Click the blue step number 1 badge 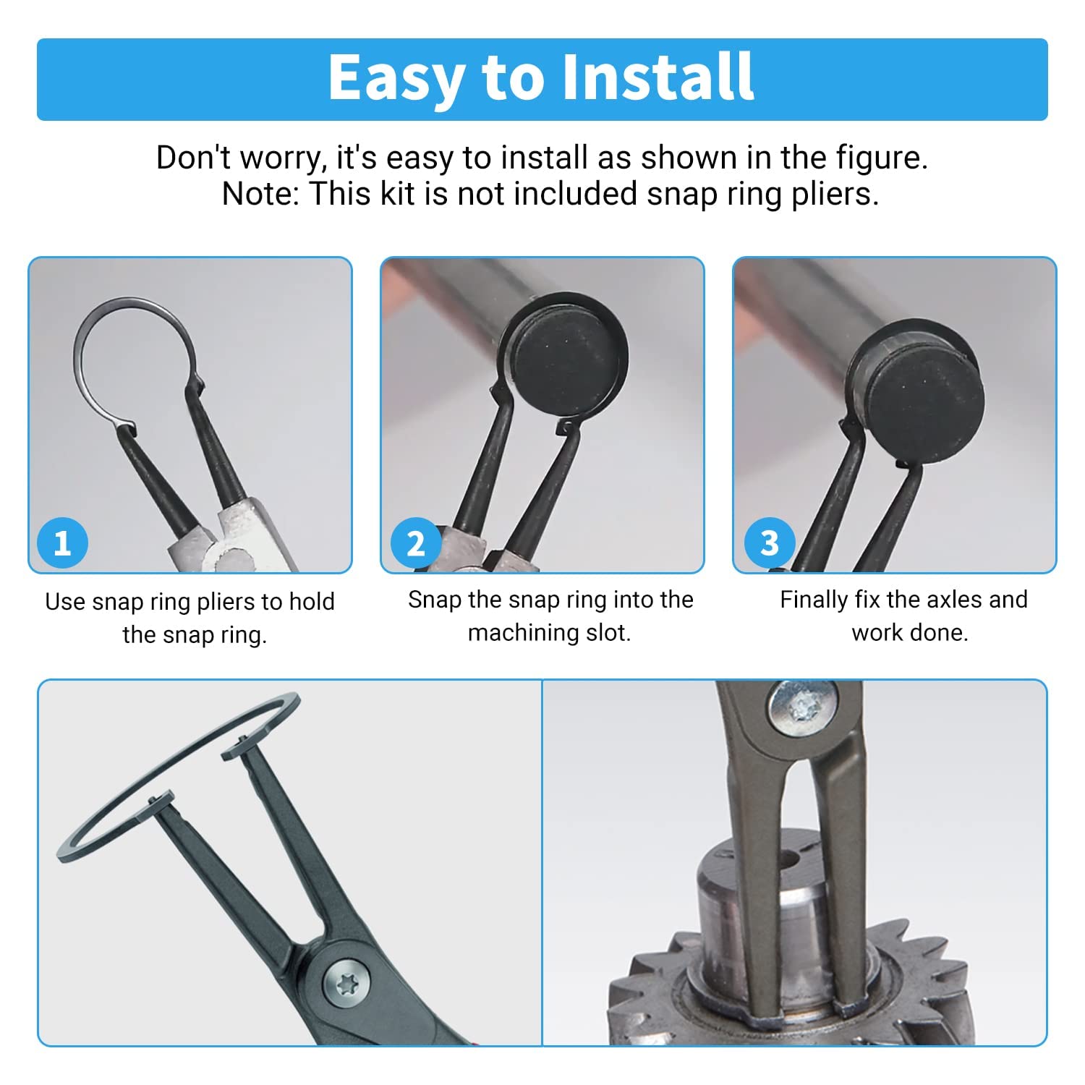(62, 542)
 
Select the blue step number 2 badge (416, 542)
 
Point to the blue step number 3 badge (770, 542)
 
